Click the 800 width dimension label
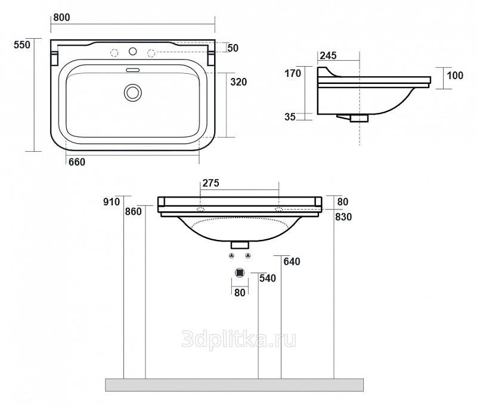[61, 18]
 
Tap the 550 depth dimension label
[22, 45]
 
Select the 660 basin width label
[77, 162]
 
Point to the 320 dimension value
[238, 82]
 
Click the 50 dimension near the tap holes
[233, 48]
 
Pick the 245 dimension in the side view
[329, 55]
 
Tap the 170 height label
[293, 73]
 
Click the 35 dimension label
[290, 117]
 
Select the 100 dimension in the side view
[455, 76]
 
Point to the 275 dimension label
[211, 183]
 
